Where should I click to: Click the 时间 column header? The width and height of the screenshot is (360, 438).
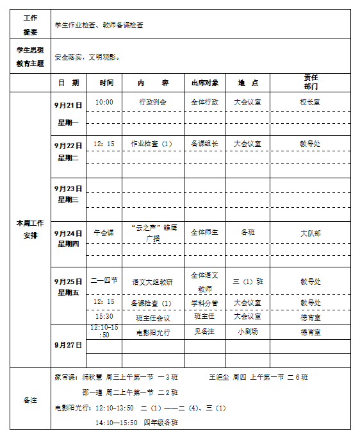click(x=106, y=83)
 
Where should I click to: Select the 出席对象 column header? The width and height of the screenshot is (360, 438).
click(x=205, y=83)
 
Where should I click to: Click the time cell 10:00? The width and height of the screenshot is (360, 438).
click(x=104, y=102)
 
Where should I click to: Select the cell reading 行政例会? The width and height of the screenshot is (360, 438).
click(x=152, y=102)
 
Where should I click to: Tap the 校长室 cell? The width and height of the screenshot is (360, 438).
click(x=311, y=102)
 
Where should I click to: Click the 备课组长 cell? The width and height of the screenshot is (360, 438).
click(x=205, y=144)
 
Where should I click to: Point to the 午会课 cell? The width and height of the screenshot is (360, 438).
click(x=104, y=233)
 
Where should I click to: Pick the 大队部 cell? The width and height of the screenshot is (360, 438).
click(x=311, y=233)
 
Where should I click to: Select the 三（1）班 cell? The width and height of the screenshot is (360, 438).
click(x=247, y=281)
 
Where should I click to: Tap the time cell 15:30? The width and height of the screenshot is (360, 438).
click(x=104, y=316)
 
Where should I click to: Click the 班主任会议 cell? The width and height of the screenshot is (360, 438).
click(x=153, y=317)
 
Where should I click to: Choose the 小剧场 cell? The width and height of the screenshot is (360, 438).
click(x=247, y=332)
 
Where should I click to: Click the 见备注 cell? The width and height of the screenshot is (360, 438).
click(x=205, y=332)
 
